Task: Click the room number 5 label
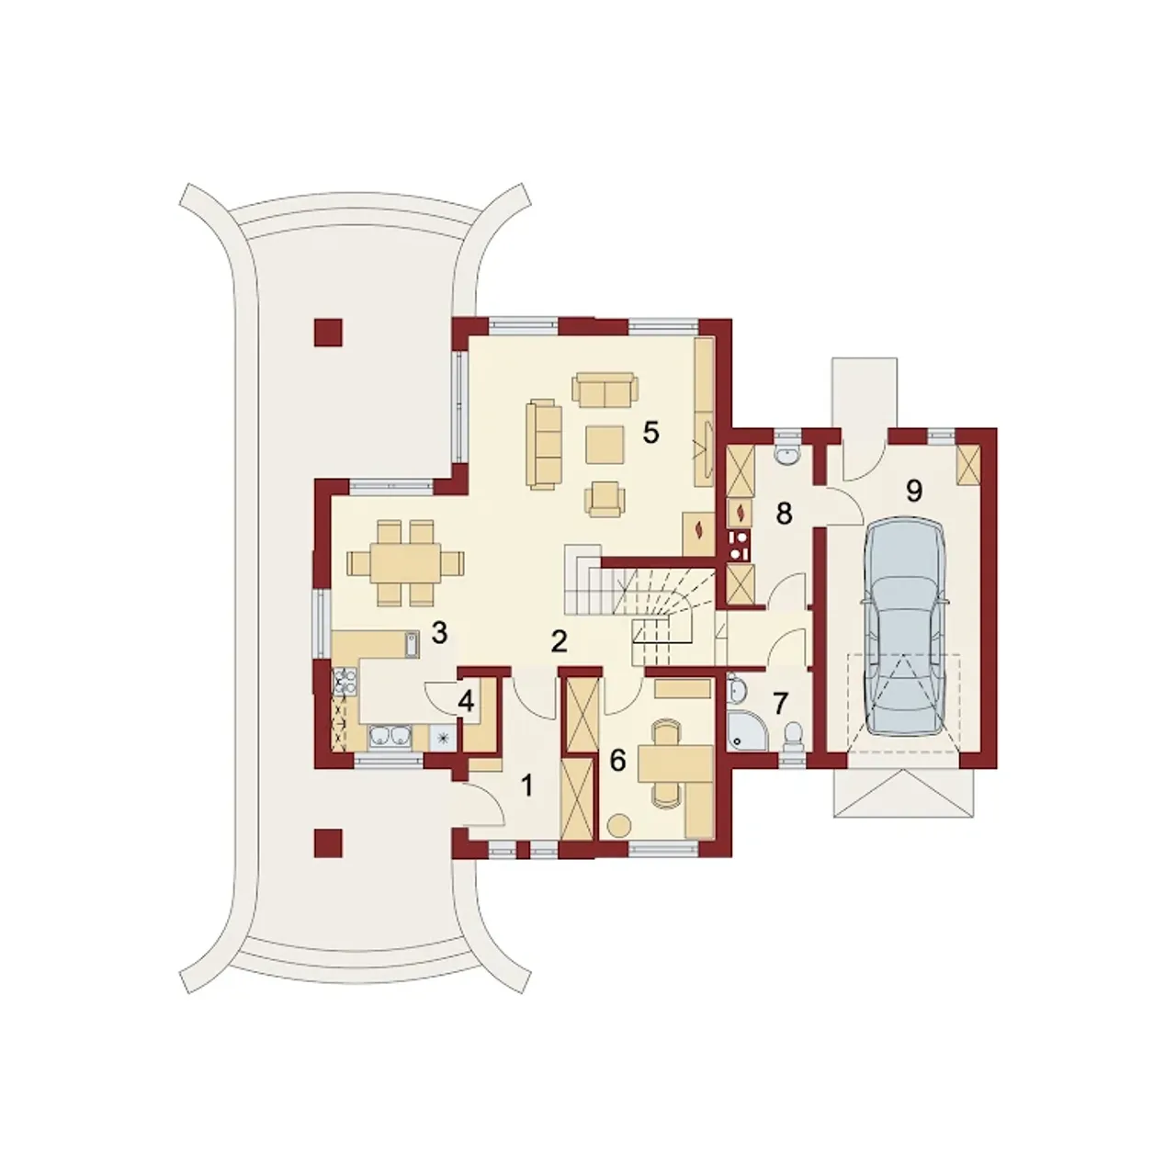(650, 433)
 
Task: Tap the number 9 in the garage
(913, 491)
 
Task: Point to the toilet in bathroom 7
(794, 735)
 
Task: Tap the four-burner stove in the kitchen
(345, 681)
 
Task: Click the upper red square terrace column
(328, 334)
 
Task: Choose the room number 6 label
(618, 761)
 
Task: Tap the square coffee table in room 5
(605, 445)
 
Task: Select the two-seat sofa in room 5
(605, 391)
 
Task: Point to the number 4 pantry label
(466, 703)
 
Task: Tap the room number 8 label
(784, 514)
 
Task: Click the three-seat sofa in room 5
(543, 445)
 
